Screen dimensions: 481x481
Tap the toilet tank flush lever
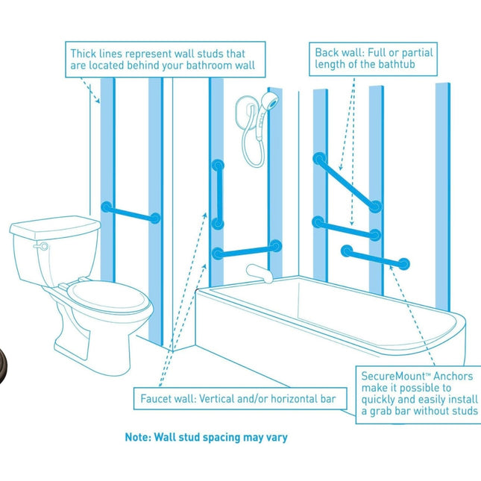(43, 245)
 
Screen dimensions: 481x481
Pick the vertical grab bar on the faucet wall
(218, 193)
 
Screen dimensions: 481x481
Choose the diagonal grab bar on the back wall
(347, 181)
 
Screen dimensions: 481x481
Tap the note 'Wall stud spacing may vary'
(205, 437)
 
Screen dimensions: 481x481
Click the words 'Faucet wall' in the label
(168, 399)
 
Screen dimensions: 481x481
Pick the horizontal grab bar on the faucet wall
(246, 249)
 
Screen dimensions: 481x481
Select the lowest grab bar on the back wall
(374, 257)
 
